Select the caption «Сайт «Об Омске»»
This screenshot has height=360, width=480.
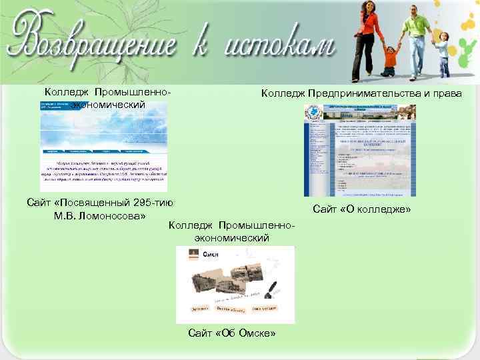pos(232,333)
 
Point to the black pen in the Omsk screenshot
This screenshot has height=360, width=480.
pos(273,285)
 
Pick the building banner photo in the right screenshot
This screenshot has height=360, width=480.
pos(367,114)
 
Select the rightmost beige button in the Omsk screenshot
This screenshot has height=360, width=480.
pos(265,309)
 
